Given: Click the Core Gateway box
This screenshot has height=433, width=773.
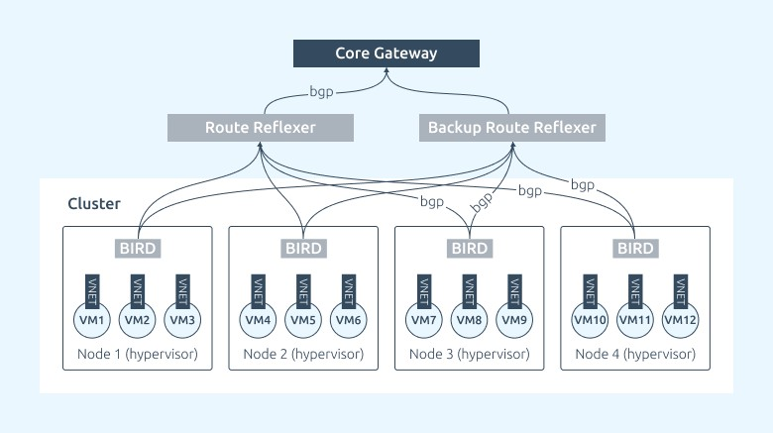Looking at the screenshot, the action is tap(386, 54).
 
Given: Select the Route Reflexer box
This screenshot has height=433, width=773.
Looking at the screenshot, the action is tap(261, 128).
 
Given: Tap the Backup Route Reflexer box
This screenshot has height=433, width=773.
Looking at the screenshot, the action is tap(512, 128).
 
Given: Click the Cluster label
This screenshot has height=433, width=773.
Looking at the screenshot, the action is tap(94, 204).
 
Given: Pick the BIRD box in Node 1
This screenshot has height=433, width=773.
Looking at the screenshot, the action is tap(138, 248).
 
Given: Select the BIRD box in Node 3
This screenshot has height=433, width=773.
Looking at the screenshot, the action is tap(470, 248).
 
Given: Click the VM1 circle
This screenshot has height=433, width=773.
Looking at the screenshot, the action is tap(92, 320).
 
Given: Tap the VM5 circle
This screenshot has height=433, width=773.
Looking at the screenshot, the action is tap(303, 320).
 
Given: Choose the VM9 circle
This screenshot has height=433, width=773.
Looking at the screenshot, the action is tap(514, 320).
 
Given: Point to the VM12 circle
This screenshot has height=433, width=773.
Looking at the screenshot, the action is tap(680, 320).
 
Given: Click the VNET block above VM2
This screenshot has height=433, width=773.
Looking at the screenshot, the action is tap(138, 291).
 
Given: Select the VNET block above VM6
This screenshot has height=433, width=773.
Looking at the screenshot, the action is tap(349, 291).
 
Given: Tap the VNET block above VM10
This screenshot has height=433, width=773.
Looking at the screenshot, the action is tap(590, 291).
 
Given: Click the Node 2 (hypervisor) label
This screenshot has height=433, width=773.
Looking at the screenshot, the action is tap(303, 354).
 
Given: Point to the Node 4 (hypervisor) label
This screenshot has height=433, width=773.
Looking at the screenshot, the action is tap(635, 354).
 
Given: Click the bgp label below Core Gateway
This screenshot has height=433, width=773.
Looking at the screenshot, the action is tap(321, 92).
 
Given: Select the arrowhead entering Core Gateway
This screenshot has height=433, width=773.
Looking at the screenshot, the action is tap(386, 71).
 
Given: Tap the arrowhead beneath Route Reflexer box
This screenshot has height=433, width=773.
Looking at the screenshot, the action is tap(261, 145).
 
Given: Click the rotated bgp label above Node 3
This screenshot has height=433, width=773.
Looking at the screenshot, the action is tap(482, 202).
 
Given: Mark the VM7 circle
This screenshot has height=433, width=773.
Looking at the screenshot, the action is tap(424, 320).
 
